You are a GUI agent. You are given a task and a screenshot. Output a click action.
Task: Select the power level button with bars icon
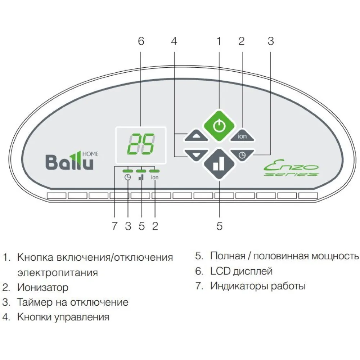(219, 164)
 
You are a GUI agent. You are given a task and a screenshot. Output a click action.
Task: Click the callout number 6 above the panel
(141, 41)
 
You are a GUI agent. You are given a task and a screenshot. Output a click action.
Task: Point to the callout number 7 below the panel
(114, 226)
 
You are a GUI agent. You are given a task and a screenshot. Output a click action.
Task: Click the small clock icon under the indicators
(127, 177)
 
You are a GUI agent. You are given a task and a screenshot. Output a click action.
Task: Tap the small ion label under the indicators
(155, 177)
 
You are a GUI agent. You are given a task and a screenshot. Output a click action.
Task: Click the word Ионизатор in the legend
(42, 287)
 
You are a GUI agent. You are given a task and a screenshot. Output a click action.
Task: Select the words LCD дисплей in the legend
(241, 271)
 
